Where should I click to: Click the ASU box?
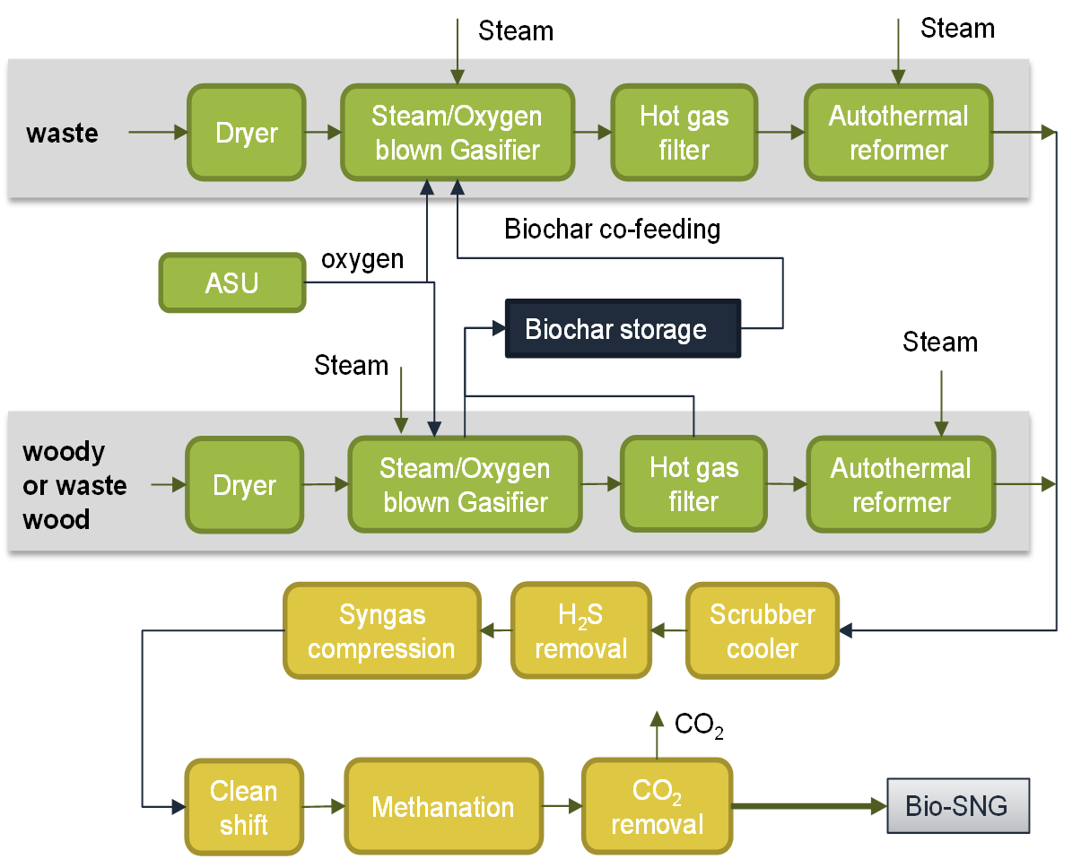232,283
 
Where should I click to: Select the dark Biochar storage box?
623,329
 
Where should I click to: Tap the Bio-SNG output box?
958,806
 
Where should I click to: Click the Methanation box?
444,806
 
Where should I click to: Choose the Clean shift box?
244,807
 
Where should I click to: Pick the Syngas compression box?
382,630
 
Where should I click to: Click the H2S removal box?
581,630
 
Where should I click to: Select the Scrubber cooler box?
763,630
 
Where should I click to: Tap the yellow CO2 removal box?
657,807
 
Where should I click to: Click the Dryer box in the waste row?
247,133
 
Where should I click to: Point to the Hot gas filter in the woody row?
694,484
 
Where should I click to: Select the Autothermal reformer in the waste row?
898,133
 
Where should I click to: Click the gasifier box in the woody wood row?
465,484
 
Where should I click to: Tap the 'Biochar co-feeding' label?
612,229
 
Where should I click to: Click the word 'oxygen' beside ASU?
362,260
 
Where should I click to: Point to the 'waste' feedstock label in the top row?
62,134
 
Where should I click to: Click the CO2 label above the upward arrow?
699,725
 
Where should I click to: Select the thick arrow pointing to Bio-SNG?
809,806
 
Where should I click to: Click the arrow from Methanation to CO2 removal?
562,806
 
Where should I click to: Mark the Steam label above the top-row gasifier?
516,30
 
